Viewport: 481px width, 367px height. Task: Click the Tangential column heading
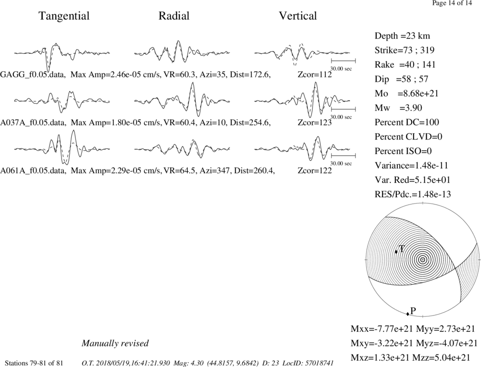64,16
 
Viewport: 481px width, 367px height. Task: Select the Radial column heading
174,16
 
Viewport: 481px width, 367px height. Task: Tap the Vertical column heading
298,16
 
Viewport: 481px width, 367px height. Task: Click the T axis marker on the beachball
396,252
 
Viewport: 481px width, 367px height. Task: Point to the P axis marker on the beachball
407,314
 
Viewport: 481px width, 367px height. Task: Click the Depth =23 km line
402,36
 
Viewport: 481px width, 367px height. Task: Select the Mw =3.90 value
398,108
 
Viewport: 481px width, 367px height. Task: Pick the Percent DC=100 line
407,123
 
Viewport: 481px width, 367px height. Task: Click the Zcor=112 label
315,75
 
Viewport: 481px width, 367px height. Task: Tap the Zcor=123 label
315,123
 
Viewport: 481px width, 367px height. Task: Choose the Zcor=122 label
315,171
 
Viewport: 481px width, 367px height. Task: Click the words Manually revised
115,343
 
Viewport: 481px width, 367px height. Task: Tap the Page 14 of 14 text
452,3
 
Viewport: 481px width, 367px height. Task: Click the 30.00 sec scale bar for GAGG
343,61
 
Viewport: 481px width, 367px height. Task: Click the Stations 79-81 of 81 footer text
34,363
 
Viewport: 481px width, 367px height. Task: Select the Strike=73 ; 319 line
405,51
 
